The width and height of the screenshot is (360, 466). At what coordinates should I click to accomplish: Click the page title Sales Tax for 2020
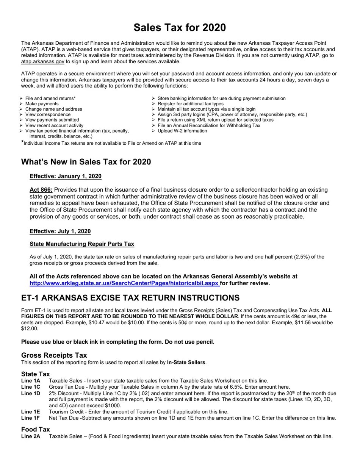point(180,28)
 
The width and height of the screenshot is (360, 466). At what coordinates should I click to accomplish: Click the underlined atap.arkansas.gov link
point(42,61)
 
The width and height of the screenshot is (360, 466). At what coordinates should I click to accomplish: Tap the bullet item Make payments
point(42,104)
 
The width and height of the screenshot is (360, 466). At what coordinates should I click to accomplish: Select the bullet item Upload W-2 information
point(182,131)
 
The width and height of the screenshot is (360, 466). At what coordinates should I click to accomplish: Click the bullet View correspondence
point(48,114)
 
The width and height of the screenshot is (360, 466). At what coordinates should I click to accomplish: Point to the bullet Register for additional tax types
point(190,104)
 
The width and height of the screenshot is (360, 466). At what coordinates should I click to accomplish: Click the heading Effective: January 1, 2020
point(66,176)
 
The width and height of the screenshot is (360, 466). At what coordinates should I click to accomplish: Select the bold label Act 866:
point(41,190)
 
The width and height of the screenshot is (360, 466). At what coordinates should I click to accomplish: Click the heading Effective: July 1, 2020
point(60,231)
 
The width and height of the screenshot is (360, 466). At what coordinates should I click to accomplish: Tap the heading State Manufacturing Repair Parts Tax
point(82,244)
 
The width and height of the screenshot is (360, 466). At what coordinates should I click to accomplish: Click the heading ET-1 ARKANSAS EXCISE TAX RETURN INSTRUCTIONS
point(130,298)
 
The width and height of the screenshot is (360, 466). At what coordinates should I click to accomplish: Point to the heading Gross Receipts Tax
point(54,355)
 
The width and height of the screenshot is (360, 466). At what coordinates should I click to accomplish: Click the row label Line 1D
point(31,393)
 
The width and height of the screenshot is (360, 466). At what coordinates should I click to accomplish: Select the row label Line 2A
point(31,436)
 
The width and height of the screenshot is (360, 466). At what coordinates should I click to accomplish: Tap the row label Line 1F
point(31,418)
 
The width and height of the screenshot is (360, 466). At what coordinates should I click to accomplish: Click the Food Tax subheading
point(36,429)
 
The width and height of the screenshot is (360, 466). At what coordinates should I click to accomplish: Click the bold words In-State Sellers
point(186,362)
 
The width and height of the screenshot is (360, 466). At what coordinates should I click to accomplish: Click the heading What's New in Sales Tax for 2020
point(86,162)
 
